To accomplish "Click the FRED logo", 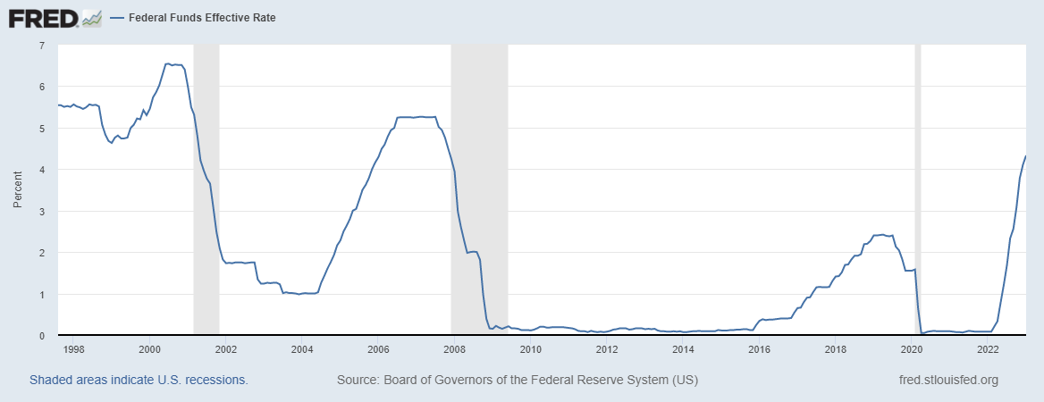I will pos(55,17).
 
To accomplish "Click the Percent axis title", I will pos(17,189).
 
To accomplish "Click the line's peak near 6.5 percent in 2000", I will pos(168,63).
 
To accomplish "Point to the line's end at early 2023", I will pos(1024,156).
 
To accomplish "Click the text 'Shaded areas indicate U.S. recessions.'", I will pos(139,380).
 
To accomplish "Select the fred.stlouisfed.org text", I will pos(947,380).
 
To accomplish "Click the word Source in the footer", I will pos(357,380).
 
